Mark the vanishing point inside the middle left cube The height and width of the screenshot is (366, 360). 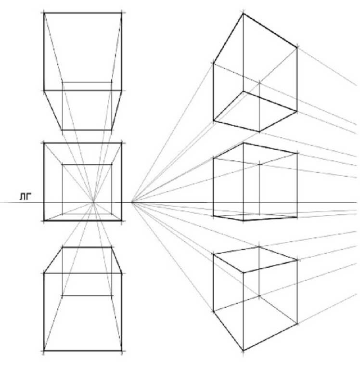coord(94,203)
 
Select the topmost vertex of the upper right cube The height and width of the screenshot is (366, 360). coord(243,13)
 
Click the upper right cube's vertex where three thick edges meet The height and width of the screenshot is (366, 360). coord(243,91)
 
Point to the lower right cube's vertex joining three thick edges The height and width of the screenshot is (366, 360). coord(243,273)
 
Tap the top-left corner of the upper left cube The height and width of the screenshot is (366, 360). coord(44,13)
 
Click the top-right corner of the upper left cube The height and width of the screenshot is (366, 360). coord(122,13)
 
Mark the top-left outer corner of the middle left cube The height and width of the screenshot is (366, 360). coord(44,143)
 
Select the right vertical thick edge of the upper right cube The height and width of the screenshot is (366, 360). coord(297,77)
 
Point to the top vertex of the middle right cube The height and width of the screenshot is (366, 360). coord(243,143)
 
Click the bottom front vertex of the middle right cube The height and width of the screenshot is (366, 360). coord(243,221)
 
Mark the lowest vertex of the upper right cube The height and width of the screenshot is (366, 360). coord(260,131)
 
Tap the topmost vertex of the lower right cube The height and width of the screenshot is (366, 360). coord(260,247)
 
